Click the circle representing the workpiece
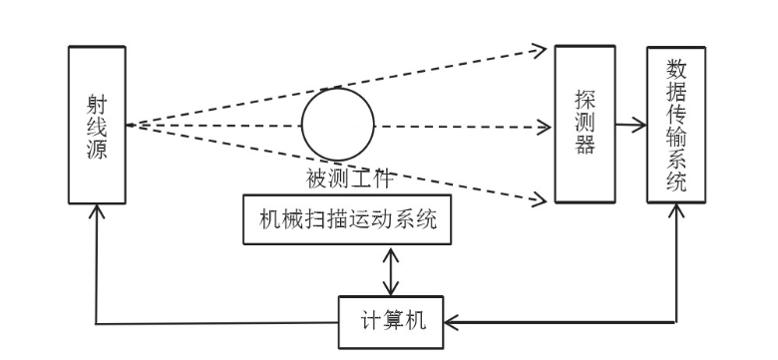pos(338,126)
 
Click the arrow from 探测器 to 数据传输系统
pos(628,126)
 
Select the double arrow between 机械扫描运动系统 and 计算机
pos(392,270)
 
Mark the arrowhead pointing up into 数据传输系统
pos(679,210)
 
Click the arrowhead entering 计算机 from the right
pos(448,322)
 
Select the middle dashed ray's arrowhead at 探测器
pos(544,127)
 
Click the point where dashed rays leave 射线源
pos(128,125)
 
